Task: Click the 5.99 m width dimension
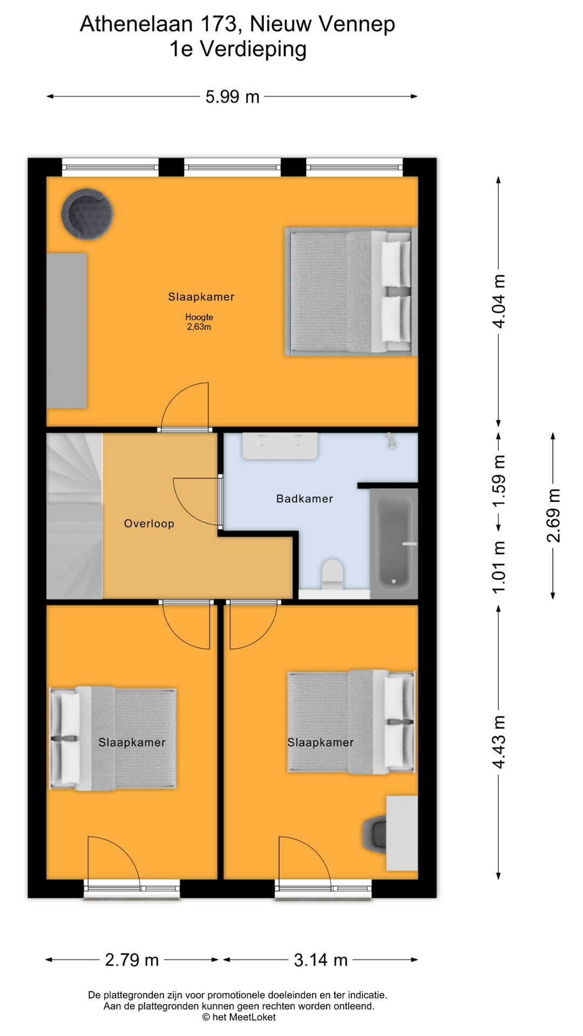tap(233, 97)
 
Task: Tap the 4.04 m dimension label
tap(499, 301)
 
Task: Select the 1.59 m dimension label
tap(499, 480)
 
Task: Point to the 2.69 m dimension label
tap(553, 515)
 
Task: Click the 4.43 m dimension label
tap(499, 742)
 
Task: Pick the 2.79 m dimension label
tap(132, 960)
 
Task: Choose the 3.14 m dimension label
tap(321, 960)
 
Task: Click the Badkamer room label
tap(304, 499)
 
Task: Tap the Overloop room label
tap(149, 523)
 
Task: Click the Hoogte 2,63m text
tap(199, 322)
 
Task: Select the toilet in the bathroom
tap(333, 574)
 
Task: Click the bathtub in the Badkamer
tap(394, 543)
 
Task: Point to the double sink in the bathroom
tap(280, 446)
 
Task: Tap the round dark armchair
tap(87, 214)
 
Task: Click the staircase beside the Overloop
tap(74, 516)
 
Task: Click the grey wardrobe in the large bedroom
tap(67, 331)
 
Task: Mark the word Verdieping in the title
tap(253, 50)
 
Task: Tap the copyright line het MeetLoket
tap(239, 1017)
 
